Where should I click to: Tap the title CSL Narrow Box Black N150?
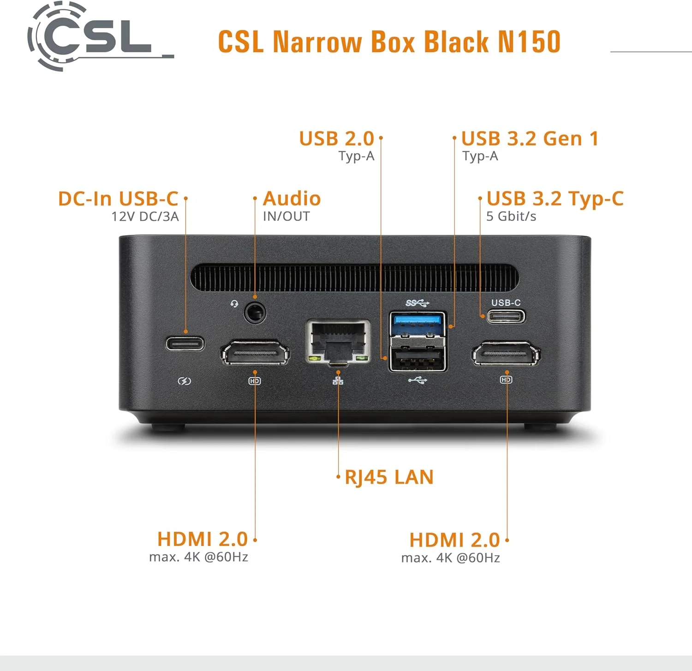pyautogui.click(x=389, y=42)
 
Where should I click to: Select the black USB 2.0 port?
pyautogui.click(x=418, y=357)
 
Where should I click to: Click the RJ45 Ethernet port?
pyautogui.click(x=338, y=342)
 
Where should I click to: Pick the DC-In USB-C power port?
pyautogui.click(x=185, y=344)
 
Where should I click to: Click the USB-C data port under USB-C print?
pyautogui.click(x=506, y=316)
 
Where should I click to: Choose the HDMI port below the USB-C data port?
pyautogui.click(x=506, y=354)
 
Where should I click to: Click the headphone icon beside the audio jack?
pyautogui.click(x=234, y=303)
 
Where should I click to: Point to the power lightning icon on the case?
pyautogui.click(x=185, y=381)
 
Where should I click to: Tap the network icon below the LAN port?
pyautogui.click(x=338, y=380)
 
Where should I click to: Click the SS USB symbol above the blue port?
pyautogui.click(x=418, y=303)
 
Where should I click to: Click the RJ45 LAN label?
pyautogui.click(x=389, y=477)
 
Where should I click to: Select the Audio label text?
pyautogui.click(x=292, y=199)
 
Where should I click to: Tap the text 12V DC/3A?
pyautogui.click(x=145, y=216)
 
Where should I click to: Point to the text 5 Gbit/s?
pyautogui.click(x=511, y=216)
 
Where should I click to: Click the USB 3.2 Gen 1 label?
pyautogui.click(x=530, y=139)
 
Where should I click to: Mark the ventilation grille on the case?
pyautogui.click(x=354, y=278)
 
